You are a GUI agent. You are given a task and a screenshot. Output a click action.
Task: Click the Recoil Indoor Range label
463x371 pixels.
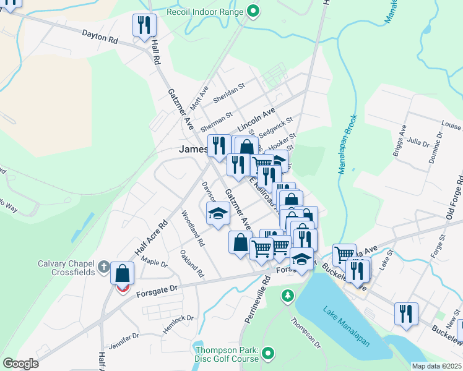tap(206, 12)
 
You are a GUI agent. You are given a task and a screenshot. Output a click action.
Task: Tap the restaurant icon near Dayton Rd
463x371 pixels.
tap(144, 26)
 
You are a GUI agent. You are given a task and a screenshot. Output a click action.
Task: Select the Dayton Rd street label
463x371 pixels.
tap(100, 38)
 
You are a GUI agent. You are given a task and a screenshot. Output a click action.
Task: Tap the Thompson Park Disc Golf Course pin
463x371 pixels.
tap(267, 354)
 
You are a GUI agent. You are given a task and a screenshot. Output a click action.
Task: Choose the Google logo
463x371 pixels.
tap(20, 364)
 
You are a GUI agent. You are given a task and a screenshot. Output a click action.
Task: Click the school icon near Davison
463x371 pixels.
tap(217, 214)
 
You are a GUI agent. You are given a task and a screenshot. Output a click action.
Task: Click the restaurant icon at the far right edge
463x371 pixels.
tap(406, 313)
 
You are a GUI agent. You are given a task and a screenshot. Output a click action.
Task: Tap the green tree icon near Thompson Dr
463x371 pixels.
tap(287, 296)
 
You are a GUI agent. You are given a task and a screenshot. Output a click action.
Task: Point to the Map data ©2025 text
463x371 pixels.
tap(436, 366)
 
